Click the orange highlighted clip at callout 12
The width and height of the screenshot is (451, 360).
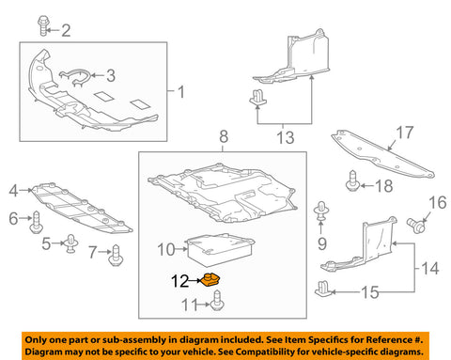coord(210,279)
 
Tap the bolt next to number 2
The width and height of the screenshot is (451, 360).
coord(43,25)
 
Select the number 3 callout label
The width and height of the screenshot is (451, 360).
coord(111,76)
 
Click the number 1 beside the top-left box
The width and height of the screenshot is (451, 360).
coord(181,92)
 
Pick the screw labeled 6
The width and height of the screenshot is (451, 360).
coord(37,222)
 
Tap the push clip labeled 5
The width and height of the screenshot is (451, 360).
coord(71,243)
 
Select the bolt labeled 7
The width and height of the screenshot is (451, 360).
coord(116,256)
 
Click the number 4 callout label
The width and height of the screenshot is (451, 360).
coord(13,191)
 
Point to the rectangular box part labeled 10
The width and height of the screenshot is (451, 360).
coord(221,249)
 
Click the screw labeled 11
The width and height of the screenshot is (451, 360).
coord(217,301)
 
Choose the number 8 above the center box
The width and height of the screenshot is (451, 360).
coord(224,137)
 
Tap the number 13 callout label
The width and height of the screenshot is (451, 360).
coord(286,138)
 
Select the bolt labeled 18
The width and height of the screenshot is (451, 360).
coord(353,180)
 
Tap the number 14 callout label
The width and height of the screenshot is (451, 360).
coord(430,269)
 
